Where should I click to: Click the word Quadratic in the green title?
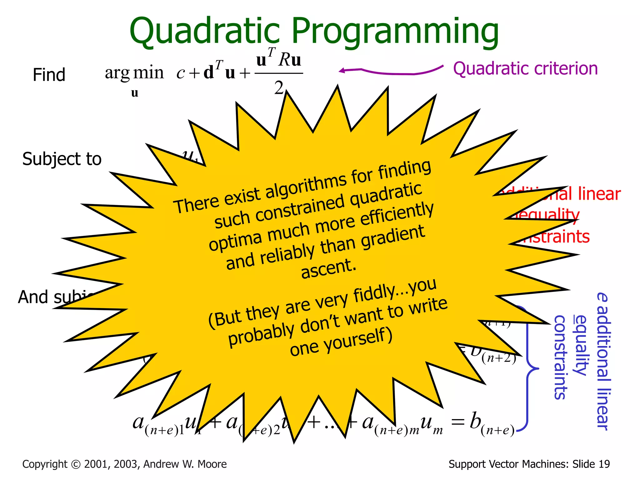[x=205, y=31]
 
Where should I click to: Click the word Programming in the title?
[x=395, y=31]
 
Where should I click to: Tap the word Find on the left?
[x=49, y=75]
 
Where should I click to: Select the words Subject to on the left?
[x=62, y=159]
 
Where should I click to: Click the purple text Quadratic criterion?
[x=525, y=68]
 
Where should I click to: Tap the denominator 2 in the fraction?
[x=279, y=88]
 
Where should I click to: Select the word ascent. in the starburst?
[x=328, y=268]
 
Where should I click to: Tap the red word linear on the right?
[x=599, y=194]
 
